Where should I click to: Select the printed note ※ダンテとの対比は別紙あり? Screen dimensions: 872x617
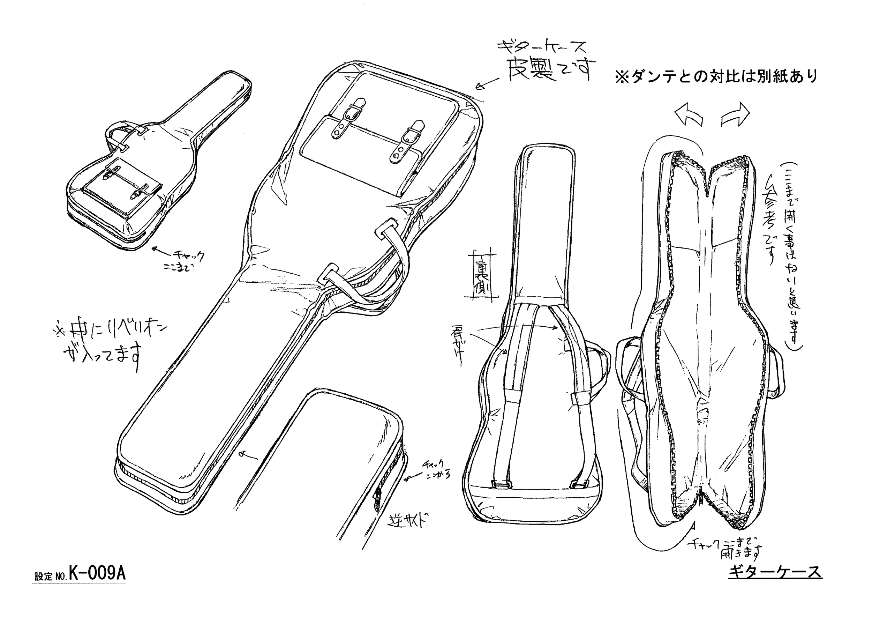(x=716, y=77)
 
